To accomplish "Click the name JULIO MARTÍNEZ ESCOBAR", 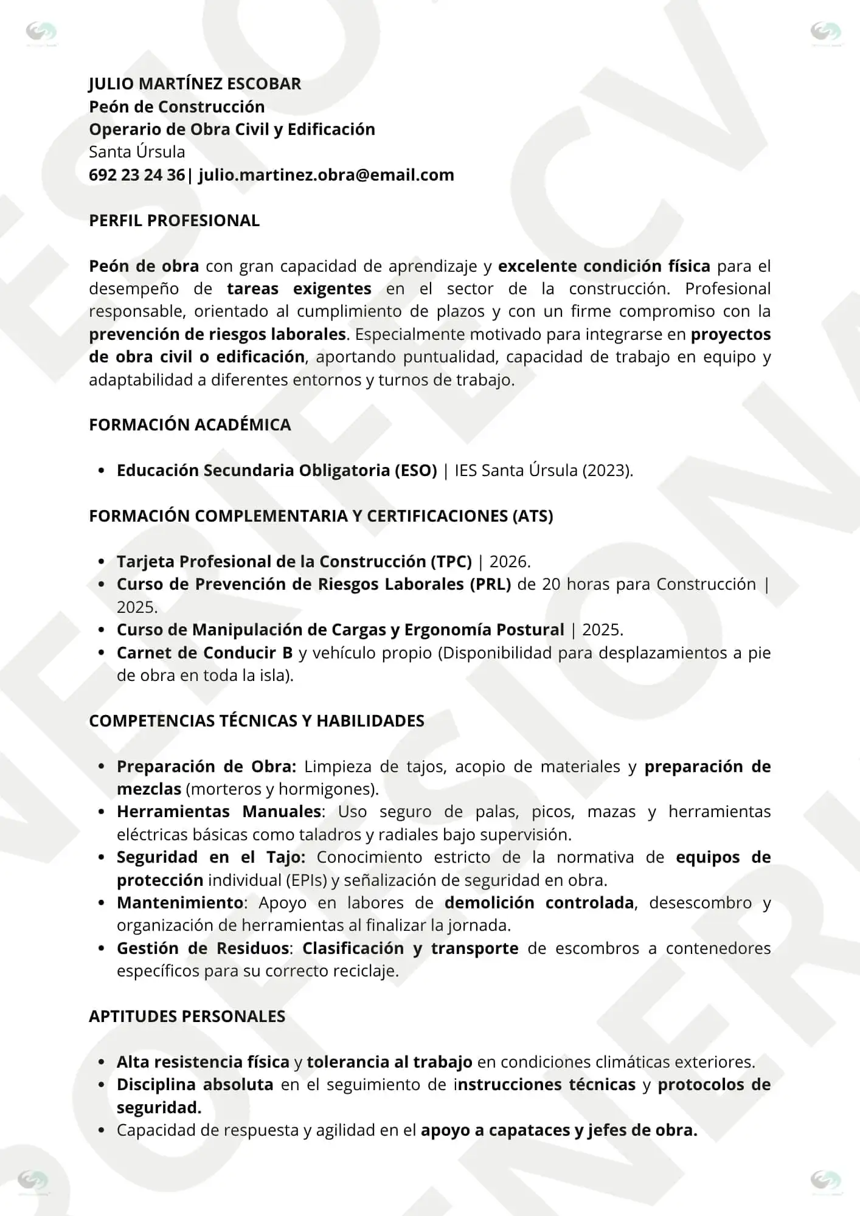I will [195, 84].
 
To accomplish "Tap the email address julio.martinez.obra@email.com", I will [326, 175].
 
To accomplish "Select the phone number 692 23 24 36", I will [137, 175].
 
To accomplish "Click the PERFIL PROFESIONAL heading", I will [174, 221].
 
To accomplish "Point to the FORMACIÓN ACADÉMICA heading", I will [190, 425].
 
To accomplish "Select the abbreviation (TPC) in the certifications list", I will [451, 562].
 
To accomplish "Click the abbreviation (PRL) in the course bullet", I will [490, 584].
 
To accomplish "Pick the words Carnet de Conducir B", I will [204, 653].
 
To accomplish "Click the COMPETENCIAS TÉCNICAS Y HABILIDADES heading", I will [256, 721].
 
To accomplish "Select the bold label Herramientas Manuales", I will [219, 812].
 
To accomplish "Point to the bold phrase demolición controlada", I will [539, 903].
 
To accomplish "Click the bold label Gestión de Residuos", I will [203, 948].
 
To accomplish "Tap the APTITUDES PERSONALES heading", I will [187, 1017].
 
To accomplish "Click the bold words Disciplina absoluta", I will [195, 1085].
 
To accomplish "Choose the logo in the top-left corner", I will [41, 32].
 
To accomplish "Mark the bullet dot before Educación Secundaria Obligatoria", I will [102, 471].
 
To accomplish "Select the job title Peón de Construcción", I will [176, 107].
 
